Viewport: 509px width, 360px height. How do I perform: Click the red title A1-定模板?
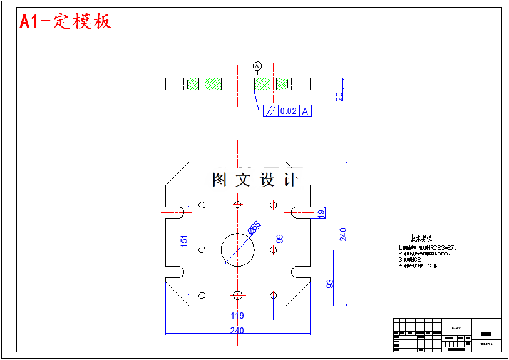pyautogui.click(x=66, y=21)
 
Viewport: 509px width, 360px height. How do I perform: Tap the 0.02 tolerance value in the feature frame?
pyautogui.click(x=288, y=111)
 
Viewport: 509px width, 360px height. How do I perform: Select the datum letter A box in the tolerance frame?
pyautogui.click(x=306, y=111)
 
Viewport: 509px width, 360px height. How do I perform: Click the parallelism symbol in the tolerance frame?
pyautogui.click(x=270, y=111)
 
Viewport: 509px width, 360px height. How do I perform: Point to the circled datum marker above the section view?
pyautogui.click(x=257, y=65)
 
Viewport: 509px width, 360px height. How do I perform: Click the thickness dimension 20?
pyautogui.click(x=339, y=96)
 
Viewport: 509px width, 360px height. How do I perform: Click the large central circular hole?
pyautogui.click(x=238, y=249)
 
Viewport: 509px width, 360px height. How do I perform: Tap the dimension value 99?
pyautogui.click(x=280, y=238)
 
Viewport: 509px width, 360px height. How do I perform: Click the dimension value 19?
pyautogui.click(x=321, y=213)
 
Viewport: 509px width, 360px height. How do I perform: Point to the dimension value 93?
pyautogui.click(x=330, y=284)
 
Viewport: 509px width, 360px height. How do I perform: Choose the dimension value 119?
pyautogui.click(x=237, y=316)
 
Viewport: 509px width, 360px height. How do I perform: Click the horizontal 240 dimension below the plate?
pyautogui.click(x=237, y=331)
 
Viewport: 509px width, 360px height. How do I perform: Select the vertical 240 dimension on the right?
pyautogui.click(x=343, y=234)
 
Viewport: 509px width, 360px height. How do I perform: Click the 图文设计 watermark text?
pyautogui.click(x=255, y=180)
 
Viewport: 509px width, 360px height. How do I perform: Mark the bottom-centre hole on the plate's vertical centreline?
pyautogui.click(x=237, y=295)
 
